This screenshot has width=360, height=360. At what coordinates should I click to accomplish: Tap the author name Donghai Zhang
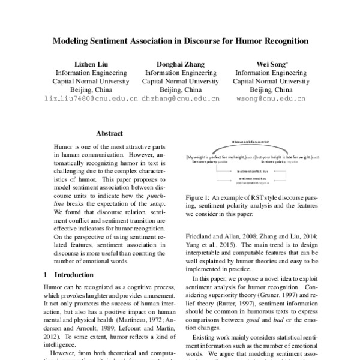coord(181,64)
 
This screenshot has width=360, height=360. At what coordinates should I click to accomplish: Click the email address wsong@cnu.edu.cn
coord(271,98)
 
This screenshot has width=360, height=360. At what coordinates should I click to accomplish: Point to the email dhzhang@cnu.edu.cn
coord(181,98)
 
